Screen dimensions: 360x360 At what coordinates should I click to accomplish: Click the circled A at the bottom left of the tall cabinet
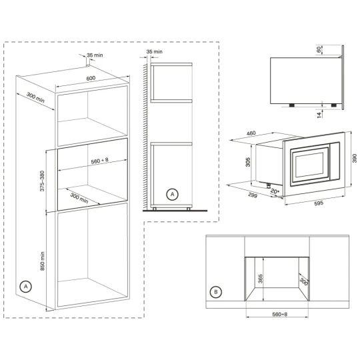[x=25, y=287]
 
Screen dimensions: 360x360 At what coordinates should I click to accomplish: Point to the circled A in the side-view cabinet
[x=171, y=195]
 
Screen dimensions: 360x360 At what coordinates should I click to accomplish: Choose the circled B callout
[x=215, y=291]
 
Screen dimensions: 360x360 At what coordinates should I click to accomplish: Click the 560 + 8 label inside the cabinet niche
[x=91, y=161]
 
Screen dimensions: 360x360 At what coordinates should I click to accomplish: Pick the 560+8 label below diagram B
[x=275, y=314]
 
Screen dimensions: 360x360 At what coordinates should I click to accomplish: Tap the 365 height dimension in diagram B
[x=262, y=279]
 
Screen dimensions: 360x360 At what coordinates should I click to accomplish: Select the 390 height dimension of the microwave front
[x=355, y=158]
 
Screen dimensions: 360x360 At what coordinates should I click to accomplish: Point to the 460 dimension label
[x=251, y=134]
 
